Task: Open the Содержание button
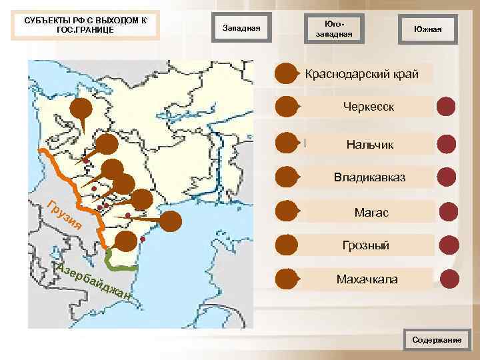coord(437,340)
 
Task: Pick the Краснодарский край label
coord(362,73)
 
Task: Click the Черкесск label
coord(369,107)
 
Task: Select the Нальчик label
coord(369,144)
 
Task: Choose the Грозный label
coord(366,245)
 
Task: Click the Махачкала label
coord(367,279)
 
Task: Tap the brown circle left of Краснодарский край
coord(287,73)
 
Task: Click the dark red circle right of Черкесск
coord(446,107)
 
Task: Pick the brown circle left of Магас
coord(287,211)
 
